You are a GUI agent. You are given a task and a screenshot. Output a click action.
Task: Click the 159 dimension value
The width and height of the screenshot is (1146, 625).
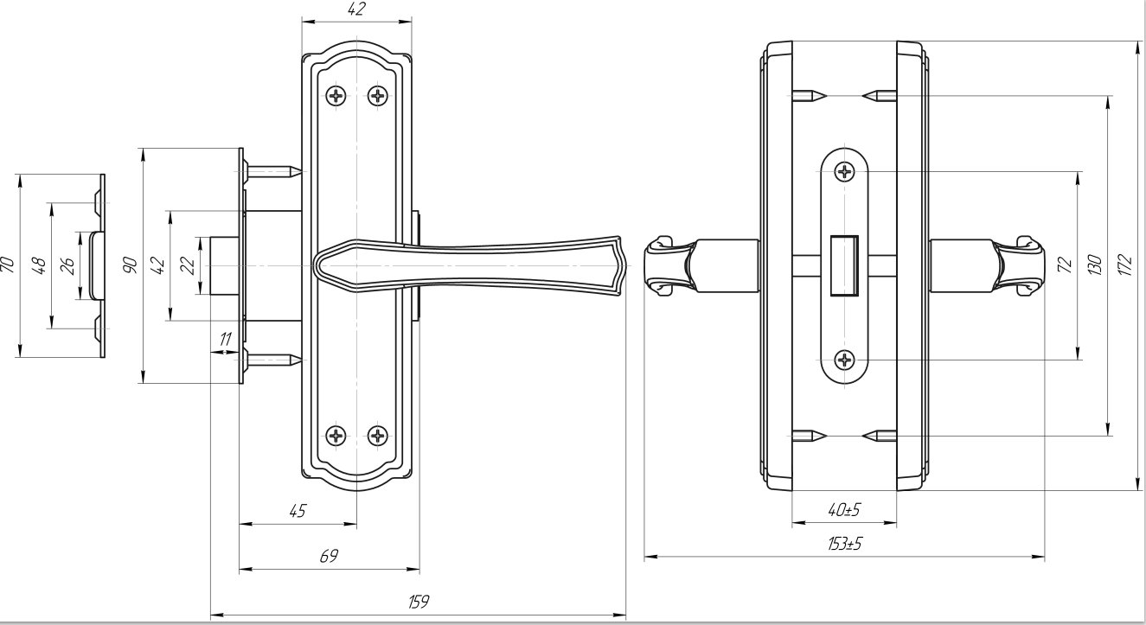tap(419, 601)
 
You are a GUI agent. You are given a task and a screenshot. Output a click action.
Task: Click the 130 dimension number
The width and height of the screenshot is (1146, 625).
tap(1095, 264)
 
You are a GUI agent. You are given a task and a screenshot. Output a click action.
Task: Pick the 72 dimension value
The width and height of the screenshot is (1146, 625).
tap(1065, 264)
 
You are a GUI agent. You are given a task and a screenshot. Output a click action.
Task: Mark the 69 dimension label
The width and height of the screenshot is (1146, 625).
tap(329, 556)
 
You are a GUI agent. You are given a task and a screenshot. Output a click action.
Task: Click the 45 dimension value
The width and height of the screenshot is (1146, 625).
tap(297, 510)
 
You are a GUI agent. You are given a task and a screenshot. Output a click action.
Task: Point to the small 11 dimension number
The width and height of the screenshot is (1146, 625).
tap(226, 340)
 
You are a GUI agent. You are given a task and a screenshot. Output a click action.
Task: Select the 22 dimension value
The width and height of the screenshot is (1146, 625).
tap(186, 265)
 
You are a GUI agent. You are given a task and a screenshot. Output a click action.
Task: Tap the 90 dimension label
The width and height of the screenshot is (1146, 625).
tap(130, 265)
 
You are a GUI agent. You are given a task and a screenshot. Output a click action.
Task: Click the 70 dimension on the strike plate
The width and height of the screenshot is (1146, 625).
tap(7, 265)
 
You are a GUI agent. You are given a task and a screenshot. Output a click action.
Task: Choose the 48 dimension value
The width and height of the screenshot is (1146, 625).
tap(38, 265)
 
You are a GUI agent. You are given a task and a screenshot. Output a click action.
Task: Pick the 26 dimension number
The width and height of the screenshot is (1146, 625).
tap(67, 265)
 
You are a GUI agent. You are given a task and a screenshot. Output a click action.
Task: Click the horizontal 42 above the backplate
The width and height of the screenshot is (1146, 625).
tap(355, 10)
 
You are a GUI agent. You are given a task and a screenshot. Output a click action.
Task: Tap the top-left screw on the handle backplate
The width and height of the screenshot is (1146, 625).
tap(336, 95)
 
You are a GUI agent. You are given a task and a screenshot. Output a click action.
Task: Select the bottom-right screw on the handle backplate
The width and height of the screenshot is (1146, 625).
tap(378, 435)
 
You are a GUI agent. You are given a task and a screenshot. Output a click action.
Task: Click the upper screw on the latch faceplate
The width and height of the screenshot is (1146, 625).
tap(844, 172)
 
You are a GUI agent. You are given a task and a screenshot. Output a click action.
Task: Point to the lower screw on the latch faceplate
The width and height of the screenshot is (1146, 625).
tap(844, 360)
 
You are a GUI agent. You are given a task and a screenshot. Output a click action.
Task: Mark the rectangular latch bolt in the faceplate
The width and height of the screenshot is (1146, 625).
tap(843, 265)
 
